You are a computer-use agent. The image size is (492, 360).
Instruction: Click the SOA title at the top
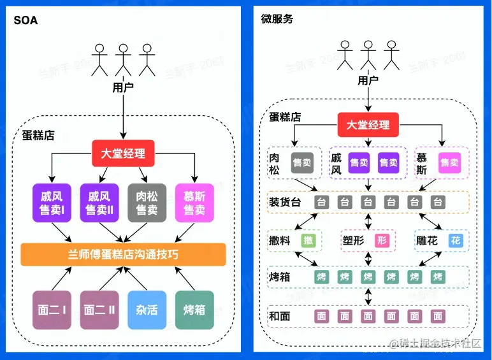25,20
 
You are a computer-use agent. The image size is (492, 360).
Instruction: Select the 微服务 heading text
277,18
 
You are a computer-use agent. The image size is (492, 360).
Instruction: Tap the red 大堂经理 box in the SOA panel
124,153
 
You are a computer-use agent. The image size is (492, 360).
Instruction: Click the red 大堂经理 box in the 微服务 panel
368,125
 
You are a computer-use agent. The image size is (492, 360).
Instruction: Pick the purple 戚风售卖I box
51,203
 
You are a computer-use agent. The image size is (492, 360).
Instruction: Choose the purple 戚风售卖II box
99,203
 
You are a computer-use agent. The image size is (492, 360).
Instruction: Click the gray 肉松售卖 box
147,203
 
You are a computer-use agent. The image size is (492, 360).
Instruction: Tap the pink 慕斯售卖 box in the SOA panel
194,203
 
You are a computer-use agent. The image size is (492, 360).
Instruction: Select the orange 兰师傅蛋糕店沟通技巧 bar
124,254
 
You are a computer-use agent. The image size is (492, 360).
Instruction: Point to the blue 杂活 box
147,310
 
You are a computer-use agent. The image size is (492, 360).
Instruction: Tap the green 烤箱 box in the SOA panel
194,310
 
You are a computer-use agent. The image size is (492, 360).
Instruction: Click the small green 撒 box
308,240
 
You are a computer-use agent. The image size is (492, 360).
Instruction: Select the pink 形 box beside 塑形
382,240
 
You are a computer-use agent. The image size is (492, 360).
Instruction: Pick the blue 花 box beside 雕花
455,240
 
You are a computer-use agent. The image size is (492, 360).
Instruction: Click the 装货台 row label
285,203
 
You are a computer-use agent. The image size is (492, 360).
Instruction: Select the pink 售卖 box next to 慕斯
449,162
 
